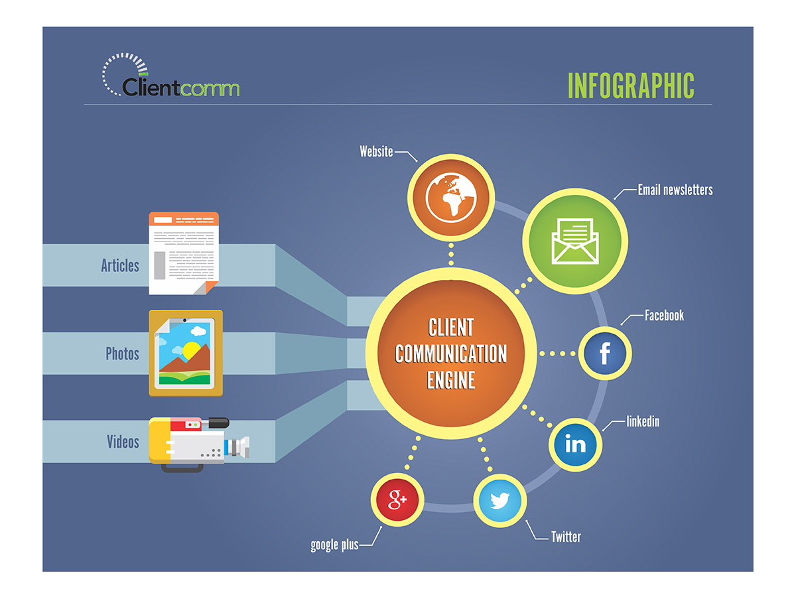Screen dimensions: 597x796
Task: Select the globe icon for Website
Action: point(451,197)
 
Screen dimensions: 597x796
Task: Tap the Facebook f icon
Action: point(604,354)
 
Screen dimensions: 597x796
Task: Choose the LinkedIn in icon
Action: point(575,444)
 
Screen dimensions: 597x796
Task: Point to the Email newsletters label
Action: point(675,190)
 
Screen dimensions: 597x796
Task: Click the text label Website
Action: point(376,151)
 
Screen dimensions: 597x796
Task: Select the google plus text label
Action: point(334,545)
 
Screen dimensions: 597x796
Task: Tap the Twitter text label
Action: point(566,537)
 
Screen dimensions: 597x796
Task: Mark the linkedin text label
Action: point(643,421)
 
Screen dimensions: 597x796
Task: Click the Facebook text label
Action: point(664,315)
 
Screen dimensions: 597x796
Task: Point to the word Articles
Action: point(120,265)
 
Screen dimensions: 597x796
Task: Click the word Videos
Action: point(123,441)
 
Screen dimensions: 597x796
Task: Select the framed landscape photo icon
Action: point(185,354)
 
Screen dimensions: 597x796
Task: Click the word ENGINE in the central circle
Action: point(451,379)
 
